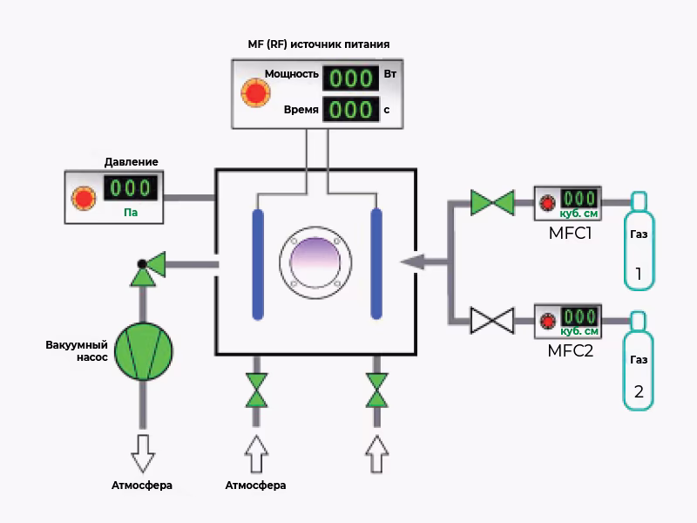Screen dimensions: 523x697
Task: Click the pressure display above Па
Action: (131, 188)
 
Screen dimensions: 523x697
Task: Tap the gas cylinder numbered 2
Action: (639, 360)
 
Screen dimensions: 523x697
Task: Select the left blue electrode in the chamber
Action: (258, 263)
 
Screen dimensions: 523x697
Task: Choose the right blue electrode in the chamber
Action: (376, 263)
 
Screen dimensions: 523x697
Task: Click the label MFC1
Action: (570, 234)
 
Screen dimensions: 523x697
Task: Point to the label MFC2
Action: (571, 351)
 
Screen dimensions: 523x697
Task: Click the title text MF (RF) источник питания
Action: (319, 44)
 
